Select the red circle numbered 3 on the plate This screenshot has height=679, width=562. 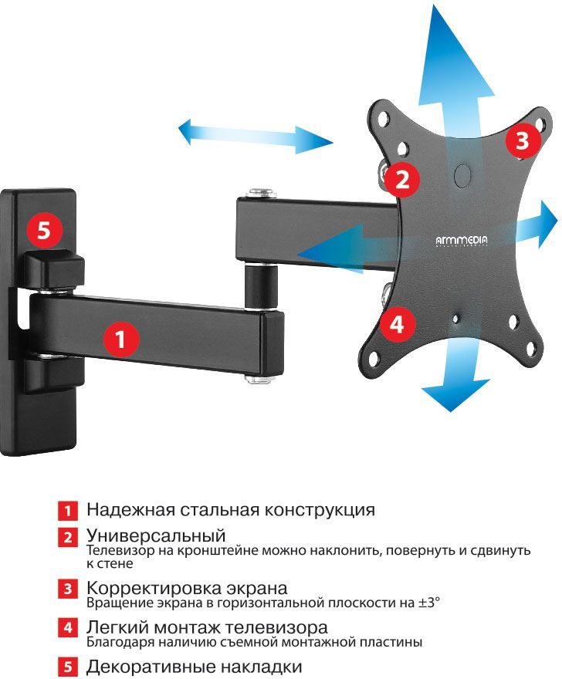tap(522, 141)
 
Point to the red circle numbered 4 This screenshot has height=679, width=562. tap(396, 324)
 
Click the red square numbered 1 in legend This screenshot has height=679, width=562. tap(67, 511)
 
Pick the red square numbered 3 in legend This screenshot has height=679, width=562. tap(67, 589)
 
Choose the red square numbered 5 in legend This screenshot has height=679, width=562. tap(67, 666)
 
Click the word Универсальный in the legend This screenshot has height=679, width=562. tap(155, 535)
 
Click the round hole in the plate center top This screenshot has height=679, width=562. tap(462, 174)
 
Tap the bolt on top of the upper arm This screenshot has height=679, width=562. tap(261, 190)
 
